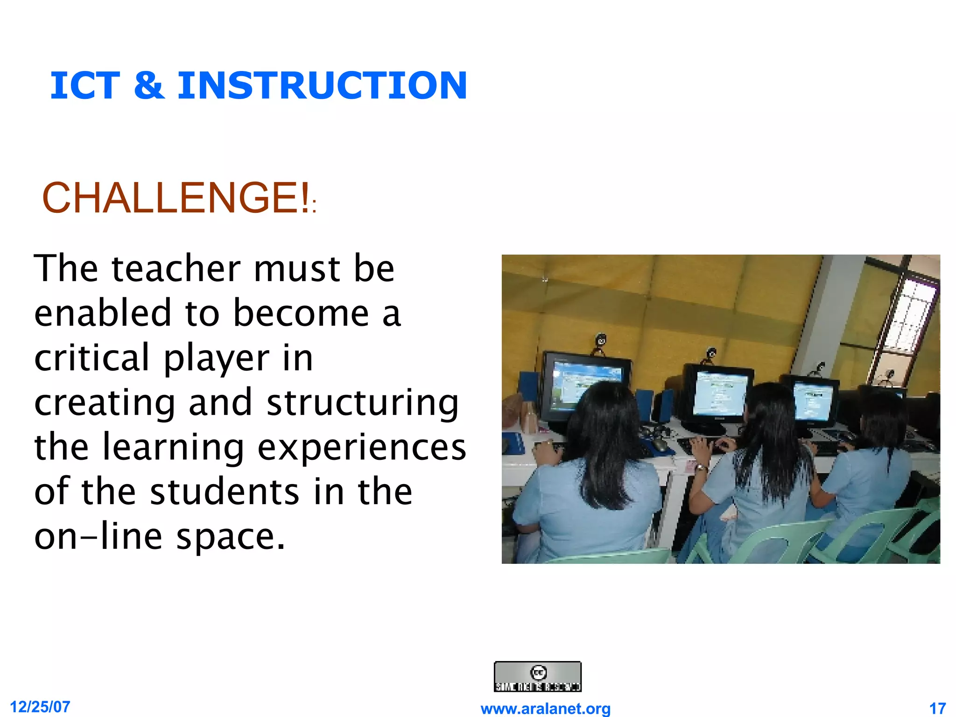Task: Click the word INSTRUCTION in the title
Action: coord(322,85)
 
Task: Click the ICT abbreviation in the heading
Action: coord(85,85)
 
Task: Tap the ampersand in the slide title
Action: coord(149,85)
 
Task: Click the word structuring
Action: coord(363,402)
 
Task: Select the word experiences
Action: coord(362,447)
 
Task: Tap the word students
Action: coord(225,492)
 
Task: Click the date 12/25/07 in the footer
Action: coord(40,707)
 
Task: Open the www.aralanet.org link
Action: coord(545,709)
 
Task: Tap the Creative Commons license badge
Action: coord(537,676)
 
